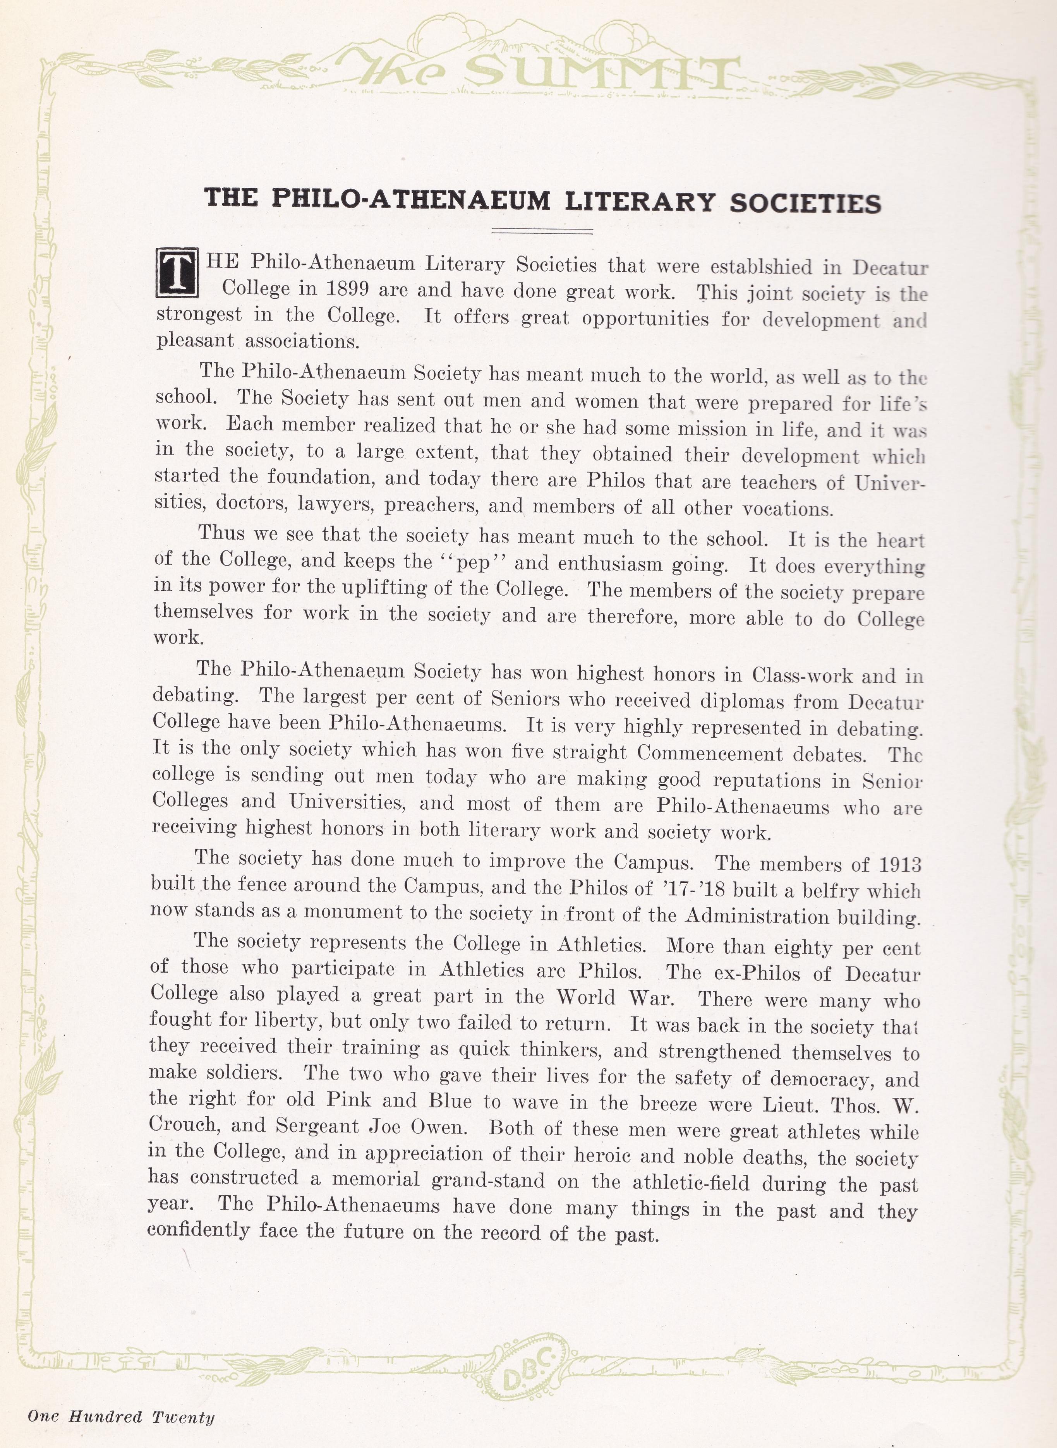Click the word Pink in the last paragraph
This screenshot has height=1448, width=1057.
(x=349, y=1099)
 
